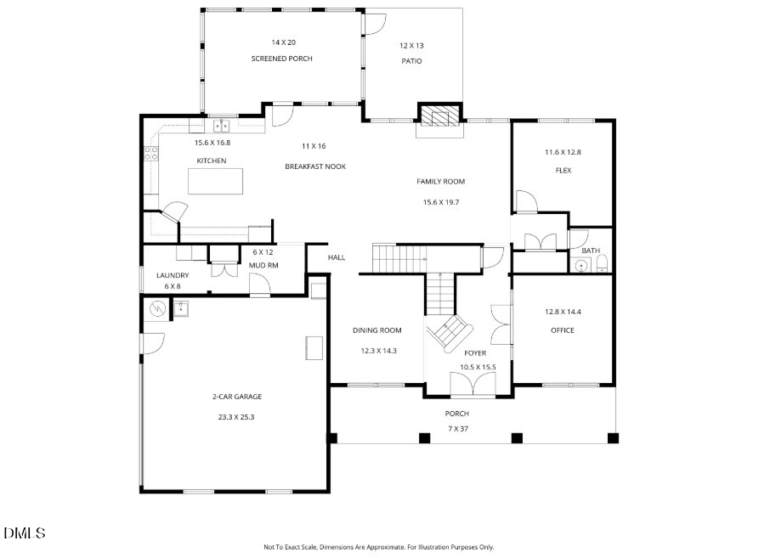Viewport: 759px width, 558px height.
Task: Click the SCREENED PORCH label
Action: (x=281, y=59)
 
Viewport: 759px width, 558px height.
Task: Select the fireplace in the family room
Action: (x=439, y=116)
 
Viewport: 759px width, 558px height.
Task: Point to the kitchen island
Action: (x=215, y=182)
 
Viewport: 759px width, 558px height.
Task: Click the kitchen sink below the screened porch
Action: (x=222, y=127)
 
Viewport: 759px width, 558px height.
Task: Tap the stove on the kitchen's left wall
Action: (x=151, y=154)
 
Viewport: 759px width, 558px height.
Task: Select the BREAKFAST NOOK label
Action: (x=315, y=166)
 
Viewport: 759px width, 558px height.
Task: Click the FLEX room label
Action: (x=564, y=170)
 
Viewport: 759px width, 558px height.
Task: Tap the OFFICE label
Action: (x=562, y=330)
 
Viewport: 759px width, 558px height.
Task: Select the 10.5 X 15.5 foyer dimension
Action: (x=477, y=367)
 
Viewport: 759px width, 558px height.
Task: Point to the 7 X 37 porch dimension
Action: (x=457, y=428)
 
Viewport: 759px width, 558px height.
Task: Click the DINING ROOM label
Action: (x=377, y=330)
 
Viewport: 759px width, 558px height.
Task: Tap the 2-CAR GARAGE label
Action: (x=236, y=397)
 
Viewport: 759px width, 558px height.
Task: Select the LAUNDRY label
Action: (x=173, y=275)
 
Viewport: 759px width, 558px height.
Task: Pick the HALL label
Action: (x=337, y=257)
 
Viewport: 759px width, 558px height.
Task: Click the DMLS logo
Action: (x=25, y=533)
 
